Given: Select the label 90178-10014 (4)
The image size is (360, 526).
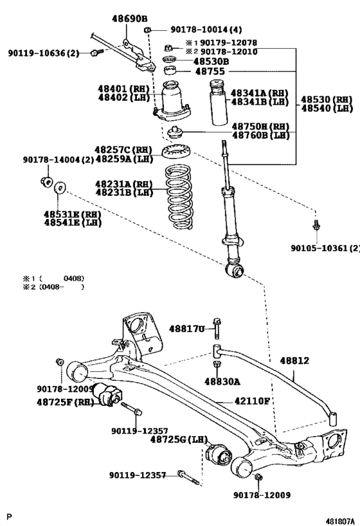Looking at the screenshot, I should [x=206, y=30].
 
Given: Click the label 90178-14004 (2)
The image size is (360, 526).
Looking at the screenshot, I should [x=51, y=159].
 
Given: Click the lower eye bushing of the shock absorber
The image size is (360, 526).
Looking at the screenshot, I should [x=237, y=272].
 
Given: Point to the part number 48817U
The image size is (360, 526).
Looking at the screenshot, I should [x=187, y=329].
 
